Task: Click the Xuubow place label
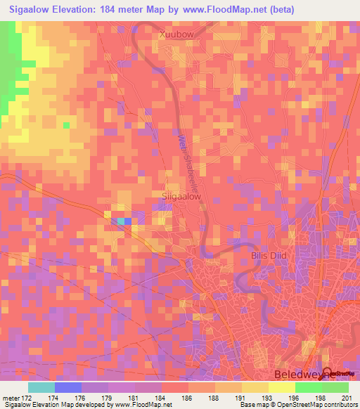tap(176, 33)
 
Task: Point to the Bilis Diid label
tap(269, 256)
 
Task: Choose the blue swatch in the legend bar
tap(67, 387)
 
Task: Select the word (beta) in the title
tap(280, 9)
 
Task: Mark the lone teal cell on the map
tap(121, 221)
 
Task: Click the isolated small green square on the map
tap(65, 125)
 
